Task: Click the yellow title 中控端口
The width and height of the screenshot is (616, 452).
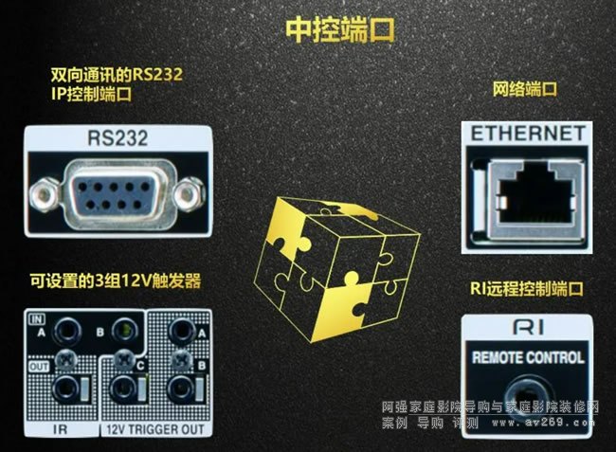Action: [340, 29]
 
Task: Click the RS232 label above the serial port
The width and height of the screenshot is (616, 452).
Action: [118, 137]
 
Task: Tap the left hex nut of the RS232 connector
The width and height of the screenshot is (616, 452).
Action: [44, 193]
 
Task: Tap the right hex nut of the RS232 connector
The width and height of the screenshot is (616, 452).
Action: [190, 193]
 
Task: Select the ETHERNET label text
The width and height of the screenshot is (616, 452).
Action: [528, 134]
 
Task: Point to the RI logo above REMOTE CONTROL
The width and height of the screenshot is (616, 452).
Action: [529, 327]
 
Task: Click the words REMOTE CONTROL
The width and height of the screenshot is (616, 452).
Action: [528, 357]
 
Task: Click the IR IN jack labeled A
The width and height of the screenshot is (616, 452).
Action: [66, 332]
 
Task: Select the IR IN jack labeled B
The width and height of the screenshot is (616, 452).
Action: [124, 330]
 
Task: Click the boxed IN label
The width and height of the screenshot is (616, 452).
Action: [37, 319]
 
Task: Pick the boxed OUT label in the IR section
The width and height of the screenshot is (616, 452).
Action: [39, 367]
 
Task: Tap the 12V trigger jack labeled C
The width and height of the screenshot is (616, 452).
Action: [124, 389]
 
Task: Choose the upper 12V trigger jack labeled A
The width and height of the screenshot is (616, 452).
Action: [182, 331]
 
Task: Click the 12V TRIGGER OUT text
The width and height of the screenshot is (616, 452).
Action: [155, 429]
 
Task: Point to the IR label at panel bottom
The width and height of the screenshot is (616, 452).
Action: [60, 429]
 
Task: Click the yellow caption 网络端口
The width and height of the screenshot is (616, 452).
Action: [525, 89]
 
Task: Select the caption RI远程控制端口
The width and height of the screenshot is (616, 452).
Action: [526, 289]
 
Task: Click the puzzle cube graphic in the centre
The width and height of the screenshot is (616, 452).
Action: [337, 269]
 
